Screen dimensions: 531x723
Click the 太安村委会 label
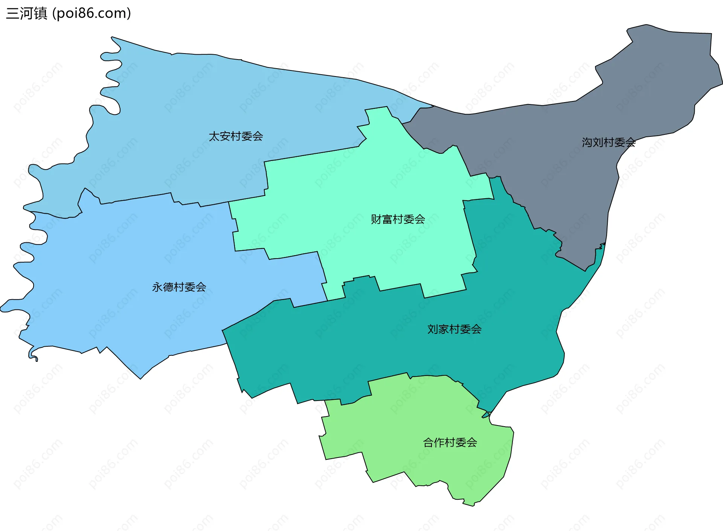236,136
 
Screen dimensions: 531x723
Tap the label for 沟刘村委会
609,142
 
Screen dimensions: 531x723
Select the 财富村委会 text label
398,219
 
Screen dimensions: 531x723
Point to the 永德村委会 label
179,287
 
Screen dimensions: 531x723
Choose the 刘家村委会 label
454,329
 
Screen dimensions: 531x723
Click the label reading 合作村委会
450,442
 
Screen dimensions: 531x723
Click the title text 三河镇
27,13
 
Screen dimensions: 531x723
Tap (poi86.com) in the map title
92,13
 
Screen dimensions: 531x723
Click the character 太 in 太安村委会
214,136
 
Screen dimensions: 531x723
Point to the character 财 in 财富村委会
376,219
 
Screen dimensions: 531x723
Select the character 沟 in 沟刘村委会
587,142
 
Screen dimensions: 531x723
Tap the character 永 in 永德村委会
157,287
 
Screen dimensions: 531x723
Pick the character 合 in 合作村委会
429,442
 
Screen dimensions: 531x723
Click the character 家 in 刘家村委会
444,329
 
